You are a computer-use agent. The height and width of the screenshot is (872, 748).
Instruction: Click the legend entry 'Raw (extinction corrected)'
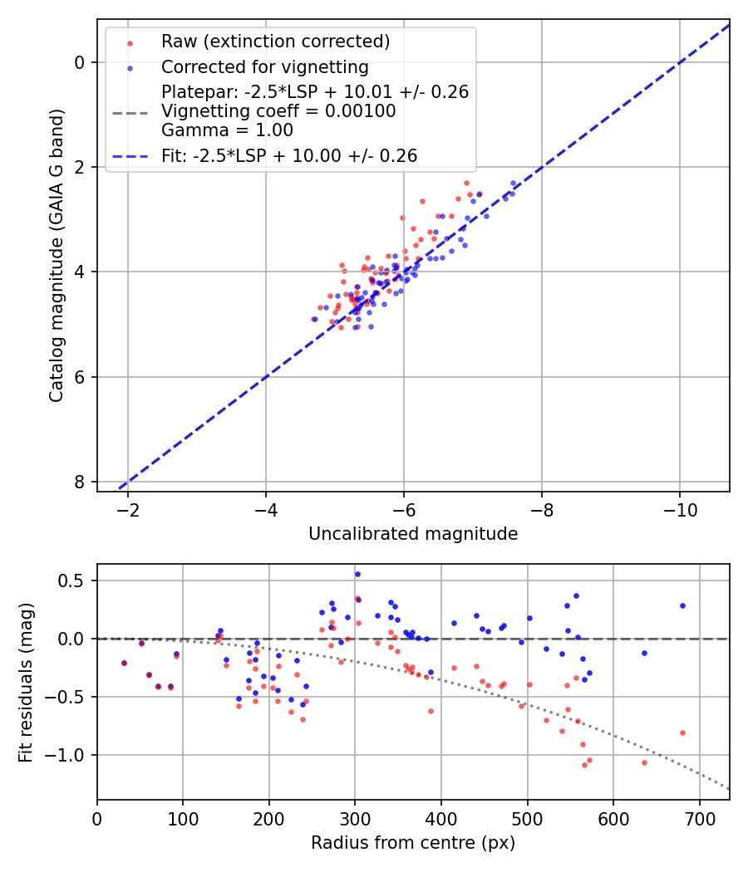[275, 42]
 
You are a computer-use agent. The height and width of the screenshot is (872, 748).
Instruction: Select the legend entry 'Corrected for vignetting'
[264, 66]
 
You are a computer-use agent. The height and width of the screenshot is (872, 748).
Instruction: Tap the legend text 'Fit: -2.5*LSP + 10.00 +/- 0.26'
[289, 155]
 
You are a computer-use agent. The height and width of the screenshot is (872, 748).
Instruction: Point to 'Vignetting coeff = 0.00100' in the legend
[278, 111]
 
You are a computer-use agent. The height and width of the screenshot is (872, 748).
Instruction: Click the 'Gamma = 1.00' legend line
[227, 130]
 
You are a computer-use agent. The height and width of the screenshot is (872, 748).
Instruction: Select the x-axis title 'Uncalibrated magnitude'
[413, 534]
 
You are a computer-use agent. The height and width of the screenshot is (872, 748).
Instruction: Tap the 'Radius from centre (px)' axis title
[413, 843]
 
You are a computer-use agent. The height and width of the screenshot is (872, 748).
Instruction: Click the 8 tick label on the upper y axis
[80, 482]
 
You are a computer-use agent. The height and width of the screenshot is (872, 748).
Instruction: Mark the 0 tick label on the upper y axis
[80, 62]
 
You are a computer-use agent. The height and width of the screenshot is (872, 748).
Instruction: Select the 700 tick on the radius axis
[699, 816]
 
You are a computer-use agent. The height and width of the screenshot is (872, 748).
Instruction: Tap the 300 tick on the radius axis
[355, 816]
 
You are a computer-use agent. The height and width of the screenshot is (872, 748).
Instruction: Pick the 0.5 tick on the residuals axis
[75, 581]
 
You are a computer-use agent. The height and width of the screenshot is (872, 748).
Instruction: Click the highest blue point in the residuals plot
[357, 574]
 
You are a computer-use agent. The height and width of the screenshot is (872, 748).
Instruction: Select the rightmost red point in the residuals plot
[682, 732]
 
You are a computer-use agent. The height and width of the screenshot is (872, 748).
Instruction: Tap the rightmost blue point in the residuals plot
[682, 605]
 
